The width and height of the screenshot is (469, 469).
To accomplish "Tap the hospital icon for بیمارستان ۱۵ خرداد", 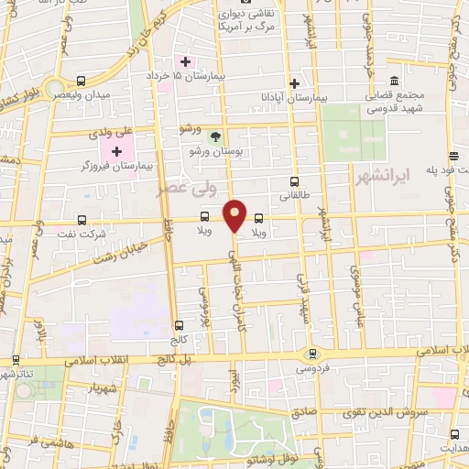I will tap(187, 61).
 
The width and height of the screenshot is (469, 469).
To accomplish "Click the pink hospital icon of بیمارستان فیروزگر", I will tap(117, 150).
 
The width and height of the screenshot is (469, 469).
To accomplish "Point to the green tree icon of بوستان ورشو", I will tap(214, 136).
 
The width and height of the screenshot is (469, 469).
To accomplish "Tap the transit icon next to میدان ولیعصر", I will tap(82, 82).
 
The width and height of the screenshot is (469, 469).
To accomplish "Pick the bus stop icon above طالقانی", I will tap(294, 181).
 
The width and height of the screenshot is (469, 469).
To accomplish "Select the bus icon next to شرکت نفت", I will tap(82, 220).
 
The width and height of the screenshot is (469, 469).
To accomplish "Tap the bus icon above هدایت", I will tap(455, 434).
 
